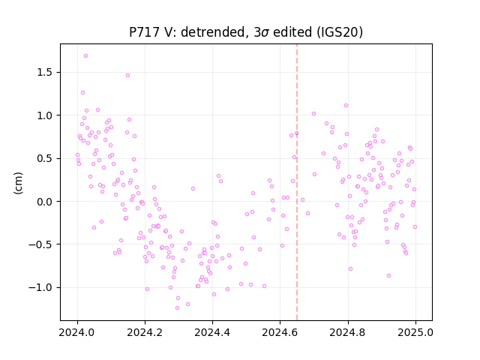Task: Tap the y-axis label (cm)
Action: point(18,183)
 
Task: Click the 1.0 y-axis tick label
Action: point(45,115)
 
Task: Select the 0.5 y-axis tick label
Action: point(45,158)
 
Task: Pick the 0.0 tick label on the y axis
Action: point(45,202)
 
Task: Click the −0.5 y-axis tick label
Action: point(41,244)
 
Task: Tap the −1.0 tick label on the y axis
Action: point(41,288)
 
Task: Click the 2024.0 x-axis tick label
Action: point(77,332)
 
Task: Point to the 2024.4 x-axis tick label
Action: point(212,332)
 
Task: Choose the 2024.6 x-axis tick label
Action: point(280,332)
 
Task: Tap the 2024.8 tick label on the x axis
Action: point(348,332)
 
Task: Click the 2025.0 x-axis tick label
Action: point(415,332)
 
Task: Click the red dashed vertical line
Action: point(297,182)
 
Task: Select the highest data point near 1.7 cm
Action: point(86,56)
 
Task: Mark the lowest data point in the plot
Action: point(177,308)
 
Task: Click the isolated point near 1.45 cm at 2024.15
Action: point(128,76)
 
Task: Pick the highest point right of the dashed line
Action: point(346,106)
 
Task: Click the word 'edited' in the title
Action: point(292,32)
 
